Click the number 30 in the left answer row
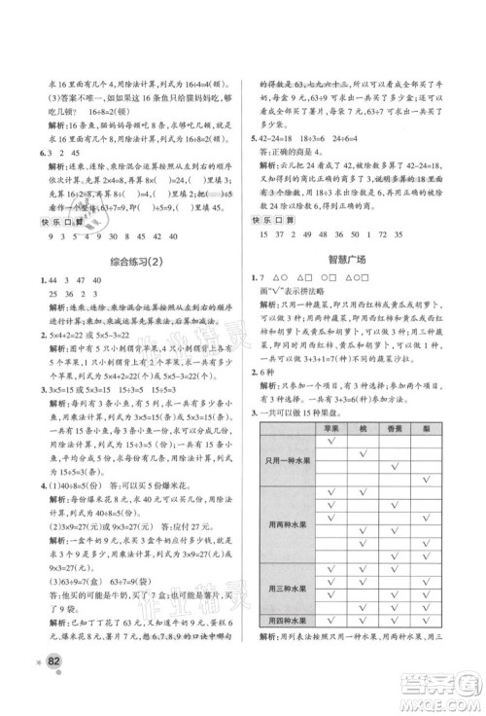(115, 236)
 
